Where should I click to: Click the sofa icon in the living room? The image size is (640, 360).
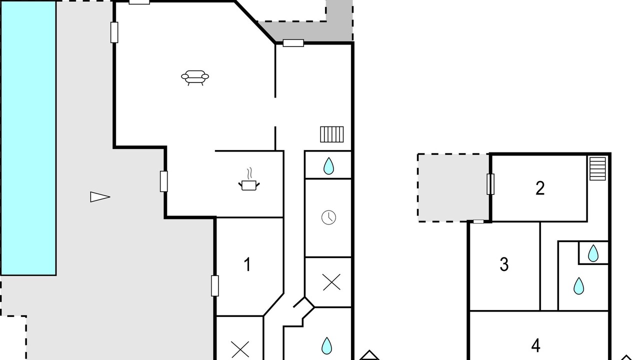[x=195, y=77]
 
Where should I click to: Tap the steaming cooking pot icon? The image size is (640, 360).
[x=249, y=179]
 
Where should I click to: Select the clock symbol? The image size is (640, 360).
[x=328, y=217]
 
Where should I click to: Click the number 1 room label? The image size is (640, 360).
[x=247, y=264]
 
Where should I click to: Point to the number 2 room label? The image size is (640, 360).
[x=540, y=188]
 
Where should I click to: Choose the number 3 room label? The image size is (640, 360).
[x=504, y=264]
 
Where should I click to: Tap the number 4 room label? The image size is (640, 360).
[x=535, y=345]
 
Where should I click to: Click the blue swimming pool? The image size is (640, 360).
[x=28, y=138]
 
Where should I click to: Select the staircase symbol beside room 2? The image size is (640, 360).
[x=597, y=168]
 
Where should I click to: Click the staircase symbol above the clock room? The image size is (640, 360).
[x=331, y=134]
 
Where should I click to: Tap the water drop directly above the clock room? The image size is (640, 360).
[x=328, y=166]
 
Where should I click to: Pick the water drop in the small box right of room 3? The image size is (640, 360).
[x=593, y=253]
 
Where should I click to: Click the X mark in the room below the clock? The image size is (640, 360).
[x=331, y=282]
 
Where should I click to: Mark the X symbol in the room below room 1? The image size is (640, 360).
[x=240, y=349]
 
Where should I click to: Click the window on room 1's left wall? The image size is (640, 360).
[x=215, y=285]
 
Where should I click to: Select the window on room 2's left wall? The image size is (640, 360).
[x=490, y=184]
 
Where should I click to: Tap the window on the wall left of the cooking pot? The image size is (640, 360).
[x=163, y=181]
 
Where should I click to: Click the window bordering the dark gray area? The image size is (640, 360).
[x=293, y=43]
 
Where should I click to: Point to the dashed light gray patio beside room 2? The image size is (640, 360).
[x=453, y=187]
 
